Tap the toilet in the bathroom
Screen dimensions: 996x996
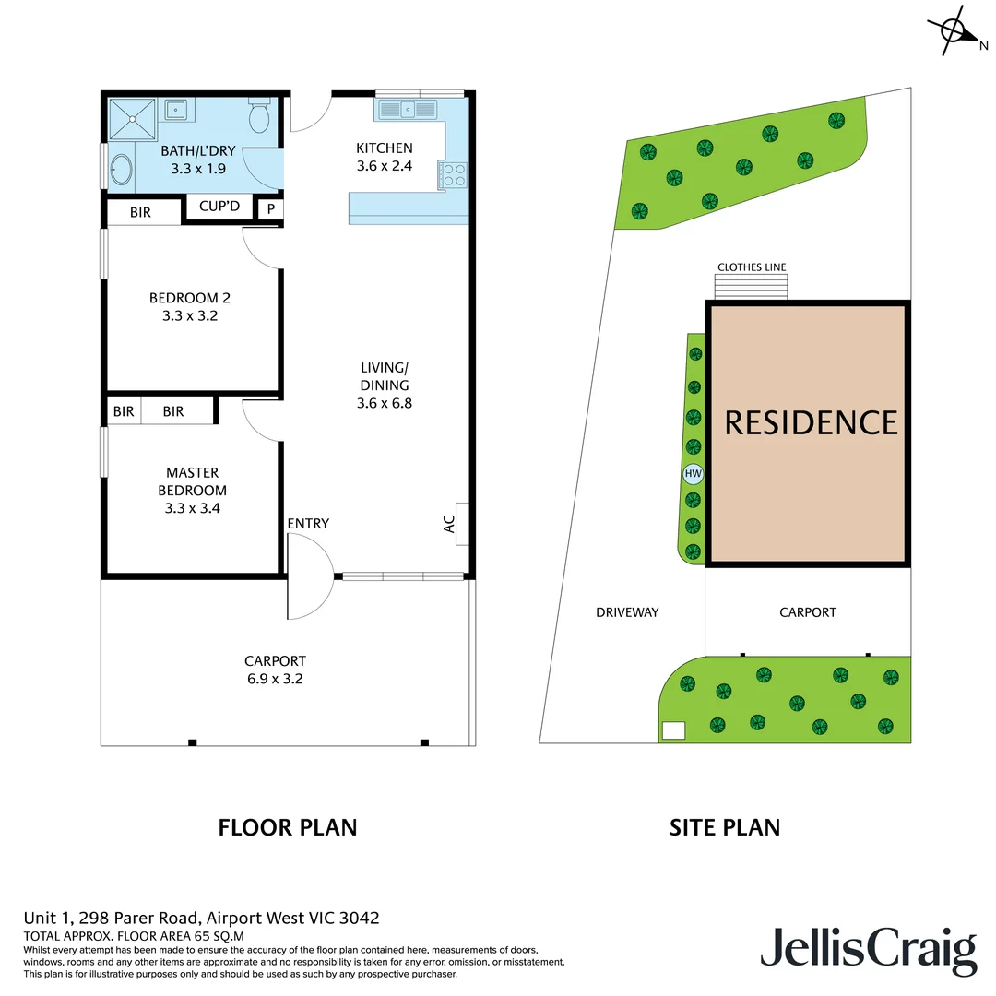(258, 117)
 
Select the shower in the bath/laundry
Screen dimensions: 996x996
(135, 118)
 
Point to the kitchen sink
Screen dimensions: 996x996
(407, 110)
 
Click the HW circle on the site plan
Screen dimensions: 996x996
(693, 475)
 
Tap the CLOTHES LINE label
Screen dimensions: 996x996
(752, 267)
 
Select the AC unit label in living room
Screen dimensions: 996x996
(449, 524)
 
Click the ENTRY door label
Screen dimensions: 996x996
(308, 524)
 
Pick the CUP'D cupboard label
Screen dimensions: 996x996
(219, 206)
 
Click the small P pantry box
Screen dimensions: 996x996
(270, 209)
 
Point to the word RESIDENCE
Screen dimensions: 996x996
(811, 422)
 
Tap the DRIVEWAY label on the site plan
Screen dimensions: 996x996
(627, 611)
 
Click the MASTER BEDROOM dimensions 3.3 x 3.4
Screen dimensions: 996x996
(192, 508)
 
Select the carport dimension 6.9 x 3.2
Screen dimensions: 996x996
(275, 679)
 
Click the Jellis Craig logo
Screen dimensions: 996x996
(868, 951)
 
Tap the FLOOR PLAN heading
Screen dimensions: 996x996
(287, 827)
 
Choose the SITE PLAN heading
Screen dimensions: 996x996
(724, 827)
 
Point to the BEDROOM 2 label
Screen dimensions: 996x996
(189, 298)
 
